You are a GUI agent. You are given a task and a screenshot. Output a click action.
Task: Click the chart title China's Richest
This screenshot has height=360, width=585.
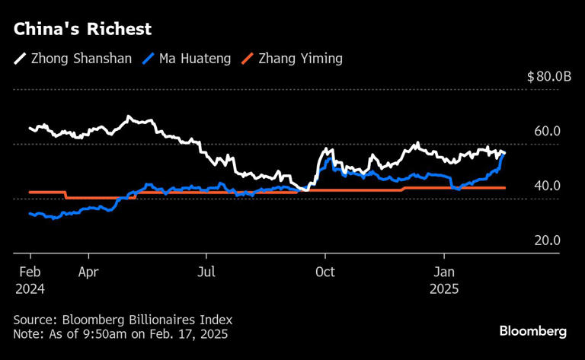pos(82,30)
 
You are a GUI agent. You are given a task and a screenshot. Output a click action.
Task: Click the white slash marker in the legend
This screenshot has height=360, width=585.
pos(21,59)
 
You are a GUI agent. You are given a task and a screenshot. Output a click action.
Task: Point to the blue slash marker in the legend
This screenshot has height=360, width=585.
pos(152,59)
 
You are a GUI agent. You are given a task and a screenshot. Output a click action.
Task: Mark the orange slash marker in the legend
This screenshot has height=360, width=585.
pos(247,59)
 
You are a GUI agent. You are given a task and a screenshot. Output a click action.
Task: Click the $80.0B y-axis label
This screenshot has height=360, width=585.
pos(543,77)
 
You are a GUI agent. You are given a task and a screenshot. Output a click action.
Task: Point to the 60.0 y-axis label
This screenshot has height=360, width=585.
pos(547,132)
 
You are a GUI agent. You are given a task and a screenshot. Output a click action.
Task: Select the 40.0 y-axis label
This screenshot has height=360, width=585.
pos(547,186)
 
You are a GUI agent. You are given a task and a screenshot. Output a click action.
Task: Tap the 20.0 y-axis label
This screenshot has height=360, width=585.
pos(547,241)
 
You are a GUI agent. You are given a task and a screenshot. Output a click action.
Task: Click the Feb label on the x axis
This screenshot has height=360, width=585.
pos(30,271)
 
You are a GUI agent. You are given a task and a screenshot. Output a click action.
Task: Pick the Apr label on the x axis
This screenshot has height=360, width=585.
pos(88,271)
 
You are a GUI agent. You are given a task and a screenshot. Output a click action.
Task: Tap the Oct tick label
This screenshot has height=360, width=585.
pos(325,271)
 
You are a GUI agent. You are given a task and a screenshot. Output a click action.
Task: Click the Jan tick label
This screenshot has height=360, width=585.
pos(445,271)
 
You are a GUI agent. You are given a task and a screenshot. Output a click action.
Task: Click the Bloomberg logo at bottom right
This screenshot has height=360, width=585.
pos(533,331)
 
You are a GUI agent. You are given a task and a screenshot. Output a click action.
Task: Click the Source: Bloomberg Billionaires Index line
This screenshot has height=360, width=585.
pos(123,320)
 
